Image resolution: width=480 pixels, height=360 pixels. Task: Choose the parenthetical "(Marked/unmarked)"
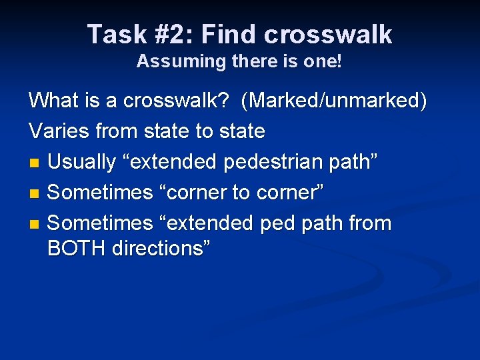(334, 101)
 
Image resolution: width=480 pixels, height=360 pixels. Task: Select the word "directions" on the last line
(159, 248)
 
